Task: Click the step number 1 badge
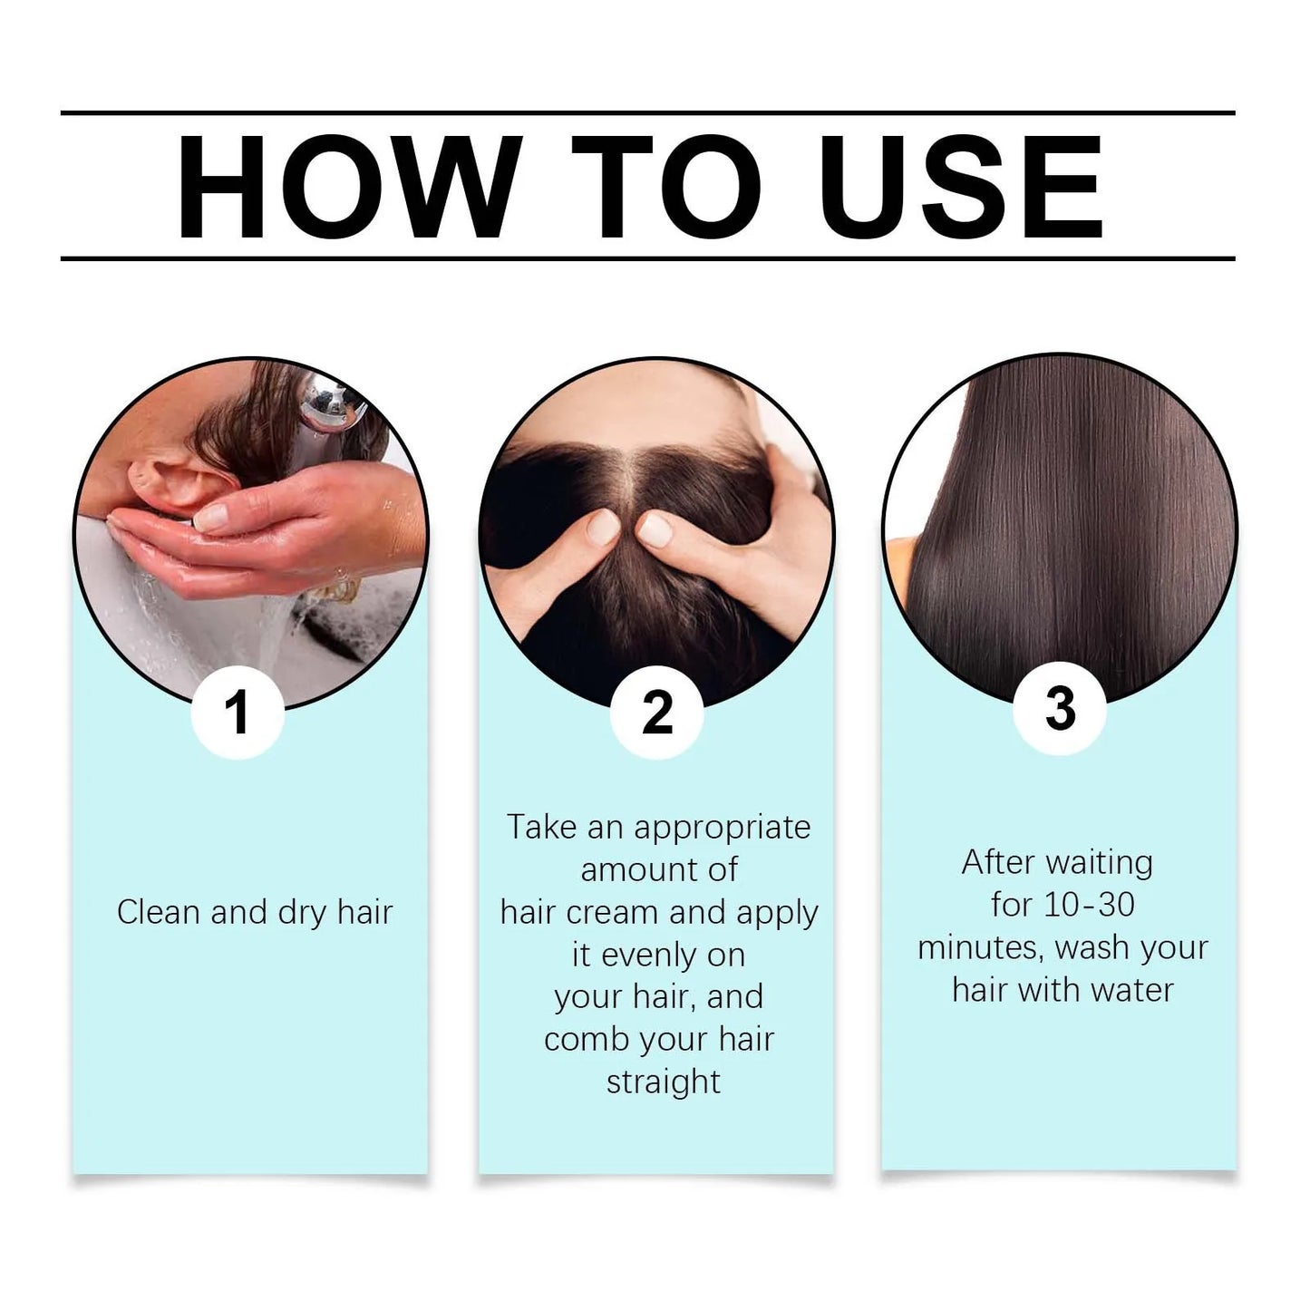(x=238, y=712)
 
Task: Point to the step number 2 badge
(x=657, y=712)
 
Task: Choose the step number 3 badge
(x=1059, y=708)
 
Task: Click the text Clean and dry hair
(x=255, y=912)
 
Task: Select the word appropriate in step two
(x=722, y=828)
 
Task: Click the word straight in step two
(x=664, y=1082)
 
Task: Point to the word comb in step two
(x=585, y=1040)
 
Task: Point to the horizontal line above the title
(x=648, y=113)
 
